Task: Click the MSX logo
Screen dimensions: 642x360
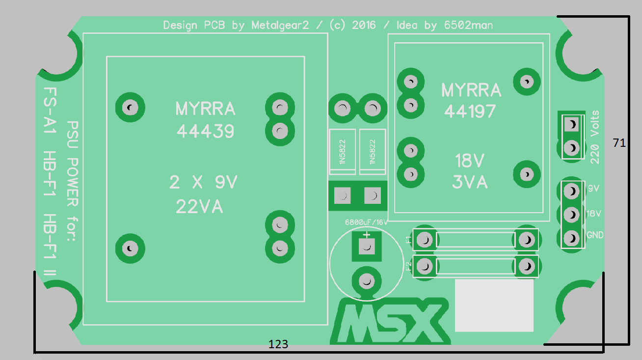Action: (390, 321)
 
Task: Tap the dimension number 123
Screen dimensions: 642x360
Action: (278, 344)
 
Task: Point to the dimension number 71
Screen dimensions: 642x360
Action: (619, 142)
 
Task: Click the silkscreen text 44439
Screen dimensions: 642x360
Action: (205, 132)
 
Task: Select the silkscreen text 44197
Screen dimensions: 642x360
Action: (470, 111)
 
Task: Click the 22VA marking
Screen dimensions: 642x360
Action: (199, 207)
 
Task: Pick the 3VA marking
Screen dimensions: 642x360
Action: (470, 182)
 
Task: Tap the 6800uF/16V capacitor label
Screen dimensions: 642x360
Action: (366, 222)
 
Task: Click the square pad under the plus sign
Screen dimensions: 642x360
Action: (367, 247)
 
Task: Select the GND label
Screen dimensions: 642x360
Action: (595, 235)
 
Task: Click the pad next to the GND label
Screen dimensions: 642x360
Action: (572, 238)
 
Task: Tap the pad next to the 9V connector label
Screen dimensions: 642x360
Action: (572, 191)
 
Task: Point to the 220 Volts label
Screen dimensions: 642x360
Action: (595, 137)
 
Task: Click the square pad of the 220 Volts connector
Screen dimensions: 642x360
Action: (572, 124)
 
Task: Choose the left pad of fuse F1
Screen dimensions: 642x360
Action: (425, 240)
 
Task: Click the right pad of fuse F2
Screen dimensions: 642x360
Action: (527, 267)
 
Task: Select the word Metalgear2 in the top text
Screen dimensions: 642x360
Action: (280, 26)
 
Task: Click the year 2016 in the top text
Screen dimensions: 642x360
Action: (364, 25)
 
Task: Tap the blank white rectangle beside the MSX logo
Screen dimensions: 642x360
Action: (494, 305)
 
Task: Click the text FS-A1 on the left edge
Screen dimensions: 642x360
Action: (50, 111)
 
